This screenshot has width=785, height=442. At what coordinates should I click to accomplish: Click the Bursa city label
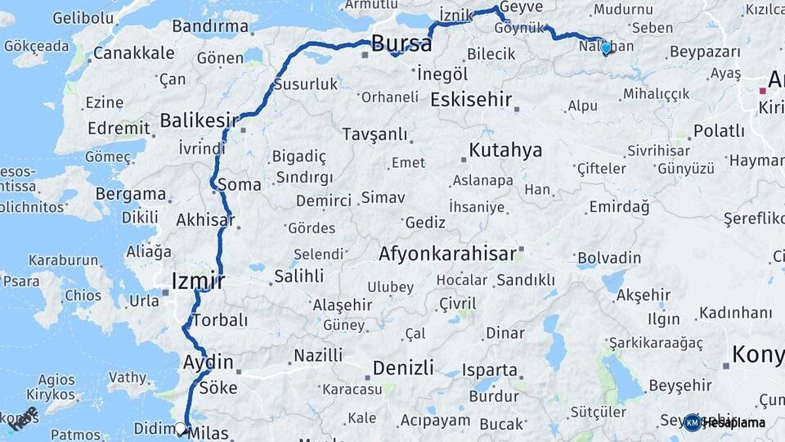click(x=401, y=43)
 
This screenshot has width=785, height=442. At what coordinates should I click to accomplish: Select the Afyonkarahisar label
click(x=447, y=254)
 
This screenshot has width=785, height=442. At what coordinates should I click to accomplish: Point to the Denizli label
click(x=404, y=368)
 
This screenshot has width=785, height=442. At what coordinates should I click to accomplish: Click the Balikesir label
click(x=192, y=121)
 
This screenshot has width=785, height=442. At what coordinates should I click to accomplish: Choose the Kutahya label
click(x=505, y=151)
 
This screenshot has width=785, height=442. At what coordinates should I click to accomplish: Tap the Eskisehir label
click(x=471, y=100)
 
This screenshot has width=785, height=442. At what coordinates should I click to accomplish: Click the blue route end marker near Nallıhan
click(x=606, y=47)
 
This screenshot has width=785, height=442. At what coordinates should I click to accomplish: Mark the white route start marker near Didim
click(x=181, y=427)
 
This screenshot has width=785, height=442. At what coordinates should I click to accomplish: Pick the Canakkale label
click(x=133, y=53)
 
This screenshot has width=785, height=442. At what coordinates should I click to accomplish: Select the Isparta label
click(x=490, y=370)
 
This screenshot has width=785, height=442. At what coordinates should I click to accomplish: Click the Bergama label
click(x=131, y=194)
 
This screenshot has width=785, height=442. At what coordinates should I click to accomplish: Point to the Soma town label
click(x=239, y=185)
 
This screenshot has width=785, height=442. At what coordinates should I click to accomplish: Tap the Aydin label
click(x=209, y=362)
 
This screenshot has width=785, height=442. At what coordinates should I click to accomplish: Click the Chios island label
click(x=83, y=295)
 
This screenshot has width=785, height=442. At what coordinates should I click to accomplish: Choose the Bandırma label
click(x=210, y=26)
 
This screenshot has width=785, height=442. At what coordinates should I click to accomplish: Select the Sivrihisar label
click(x=659, y=151)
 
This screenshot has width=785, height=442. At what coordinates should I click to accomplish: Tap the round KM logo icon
click(x=693, y=422)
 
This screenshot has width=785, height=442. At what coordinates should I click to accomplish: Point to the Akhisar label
click(x=204, y=219)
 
